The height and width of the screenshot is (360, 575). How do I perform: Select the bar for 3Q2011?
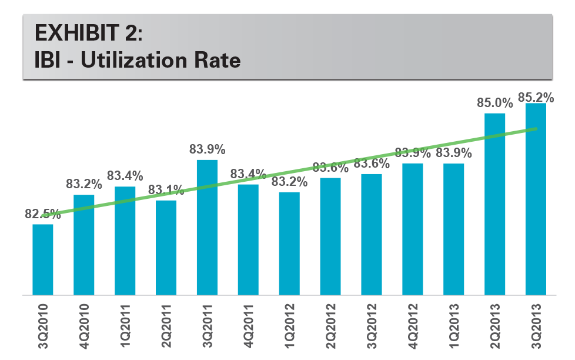click(207, 227)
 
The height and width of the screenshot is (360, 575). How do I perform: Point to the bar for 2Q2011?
click(166, 247)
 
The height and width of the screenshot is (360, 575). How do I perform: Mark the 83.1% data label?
click(166, 191)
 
